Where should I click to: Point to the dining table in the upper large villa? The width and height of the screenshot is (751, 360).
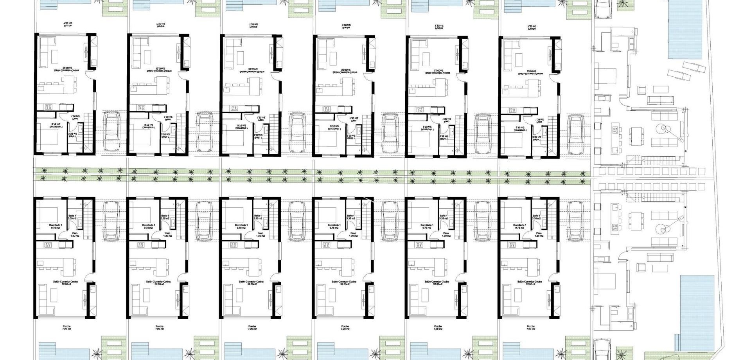point(634,134)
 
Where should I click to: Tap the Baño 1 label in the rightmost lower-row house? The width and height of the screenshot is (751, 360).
point(537,216)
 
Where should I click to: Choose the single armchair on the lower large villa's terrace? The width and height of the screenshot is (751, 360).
point(641,267)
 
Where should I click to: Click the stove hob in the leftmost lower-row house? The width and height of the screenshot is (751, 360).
point(48,245)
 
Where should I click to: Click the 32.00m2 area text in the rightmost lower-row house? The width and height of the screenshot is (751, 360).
point(530,284)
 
